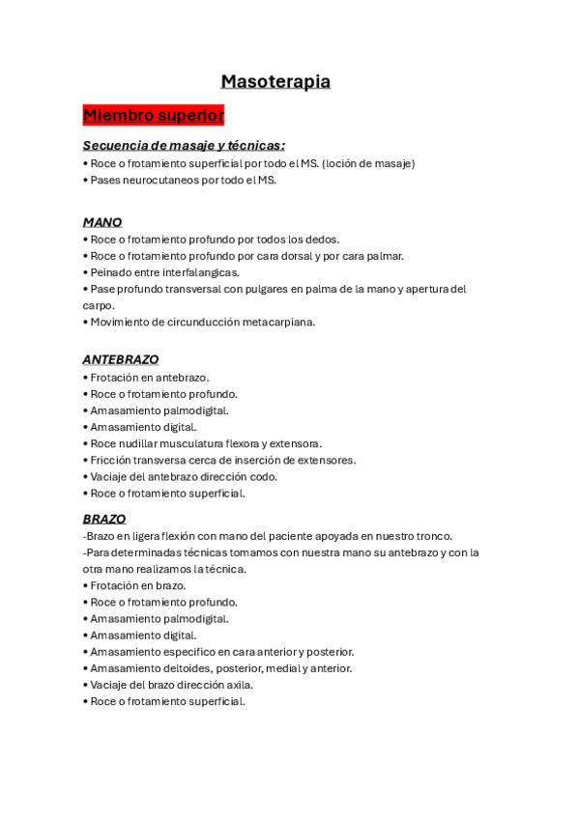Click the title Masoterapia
[x=275, y=82]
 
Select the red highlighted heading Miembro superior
[x=154, y=116]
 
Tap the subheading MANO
[x=102, y=222]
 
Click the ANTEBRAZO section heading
[x=121, y=359]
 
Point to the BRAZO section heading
[x=104, y=519]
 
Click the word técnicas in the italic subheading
[x=253, y=146]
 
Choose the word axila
[x=239, y=684]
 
